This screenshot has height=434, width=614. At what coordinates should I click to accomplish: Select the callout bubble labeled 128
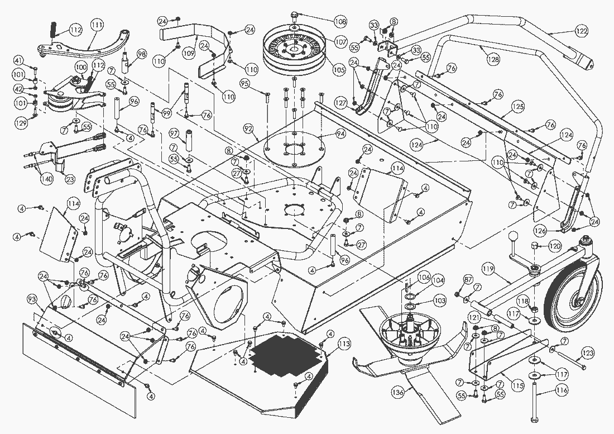click(493, 59)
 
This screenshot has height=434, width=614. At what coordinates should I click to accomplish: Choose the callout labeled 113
click(344, 344)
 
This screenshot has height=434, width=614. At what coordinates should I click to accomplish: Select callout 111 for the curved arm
click(97, 25)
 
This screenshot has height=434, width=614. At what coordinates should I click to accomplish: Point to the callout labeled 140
click(46, 179)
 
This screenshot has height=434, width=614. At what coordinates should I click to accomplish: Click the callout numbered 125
click(519, 106)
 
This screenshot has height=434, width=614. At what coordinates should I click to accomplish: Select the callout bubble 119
click(488, 270)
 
